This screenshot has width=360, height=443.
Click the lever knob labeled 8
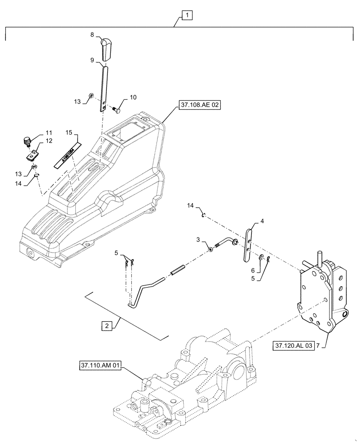pos(106,49)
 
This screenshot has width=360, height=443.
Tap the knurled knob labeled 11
pos(26,142)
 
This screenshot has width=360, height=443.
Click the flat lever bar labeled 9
pos(105,89)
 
